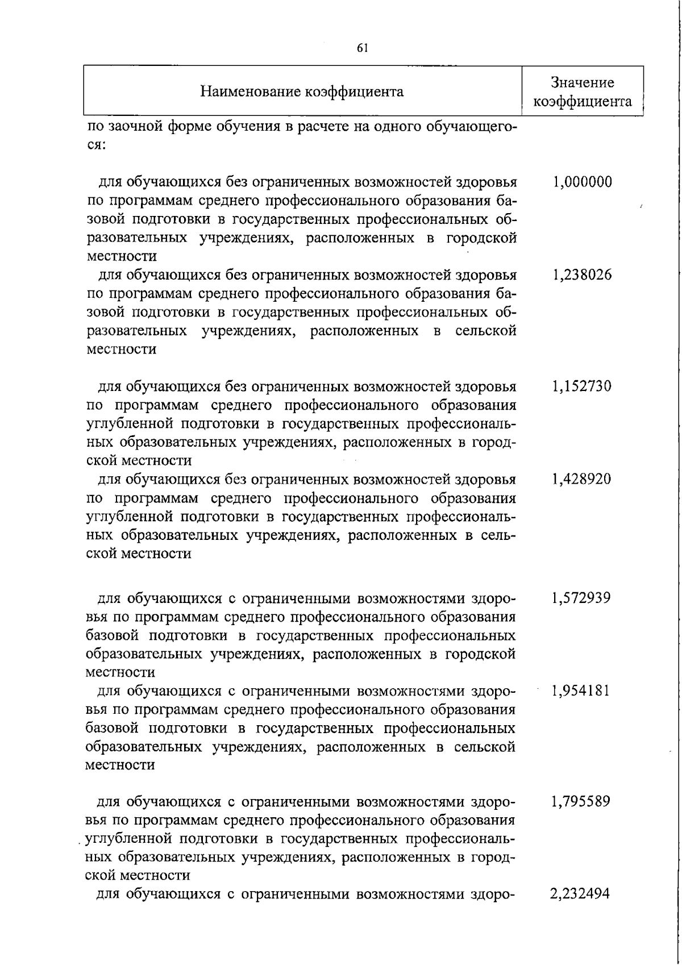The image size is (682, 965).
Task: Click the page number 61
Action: [x=363, y=48]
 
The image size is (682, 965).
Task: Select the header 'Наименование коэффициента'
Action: [x=302, y=91]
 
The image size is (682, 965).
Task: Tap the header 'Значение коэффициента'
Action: [x=583, y=92]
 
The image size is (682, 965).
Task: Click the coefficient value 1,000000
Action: [x=581, y=182]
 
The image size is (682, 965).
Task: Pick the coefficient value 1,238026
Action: [x=581, y=275]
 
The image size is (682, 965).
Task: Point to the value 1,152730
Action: [x=581, y=386]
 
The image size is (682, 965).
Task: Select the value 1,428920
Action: [x=581, y=479]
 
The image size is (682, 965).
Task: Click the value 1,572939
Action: [x=581, y=598]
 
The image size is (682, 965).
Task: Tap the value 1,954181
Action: [x=581, y=691]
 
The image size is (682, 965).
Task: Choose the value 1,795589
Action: [x=581, y=802]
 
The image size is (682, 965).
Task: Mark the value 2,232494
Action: [x=580, y=894]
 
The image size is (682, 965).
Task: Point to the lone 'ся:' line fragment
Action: [x=94, y=145]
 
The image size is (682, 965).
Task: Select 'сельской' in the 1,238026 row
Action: [x=485, y=331]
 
